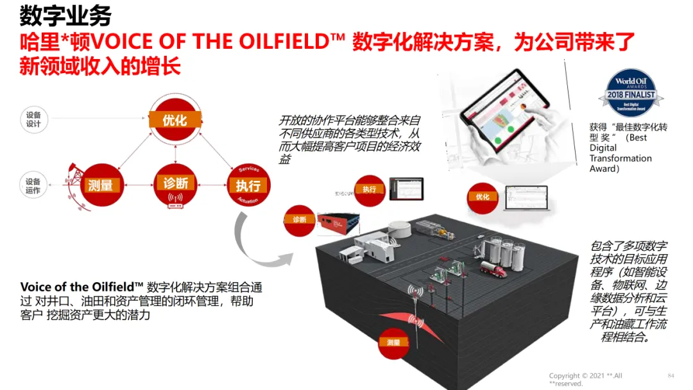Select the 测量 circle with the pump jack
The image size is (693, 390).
pyautogui.click(x=100, y=185)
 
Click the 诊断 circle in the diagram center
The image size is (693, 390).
pyautogui.click(x=175, y=185)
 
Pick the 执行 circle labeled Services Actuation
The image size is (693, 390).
pyautogui.click(x=248, y=185)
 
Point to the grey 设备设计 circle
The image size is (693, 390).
pyautogui.click(x=33, y=119)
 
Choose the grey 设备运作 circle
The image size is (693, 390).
pyautogui.click(x=33, y=186)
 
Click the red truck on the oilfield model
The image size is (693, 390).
pyautogui.click(x=493, y=269)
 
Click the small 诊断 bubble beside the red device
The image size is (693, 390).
pyautogui.click(x=300, y=220)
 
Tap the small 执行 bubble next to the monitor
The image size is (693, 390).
pyautogui.click(x=370, y=189)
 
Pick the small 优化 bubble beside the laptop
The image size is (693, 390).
pyautogui.click(x=483, y=197)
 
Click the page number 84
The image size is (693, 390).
pyautogui.click(x=671, y=375)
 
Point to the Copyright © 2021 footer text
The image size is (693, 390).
pyautogui.click(x=585, y=379)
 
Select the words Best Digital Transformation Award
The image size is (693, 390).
pyautogui.click(x=620, y=153)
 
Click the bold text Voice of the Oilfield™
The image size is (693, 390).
pyautogui.click(x=81, y=287)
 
